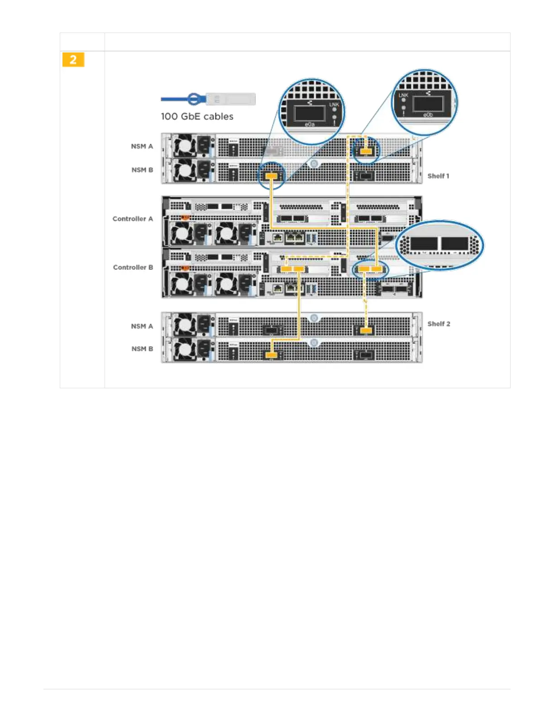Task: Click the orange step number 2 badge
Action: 73,60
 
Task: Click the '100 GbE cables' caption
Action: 197,117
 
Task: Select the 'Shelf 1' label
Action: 438,176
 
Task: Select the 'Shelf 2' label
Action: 439,324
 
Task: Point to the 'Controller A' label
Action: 133,219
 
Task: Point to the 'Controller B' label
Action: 133,267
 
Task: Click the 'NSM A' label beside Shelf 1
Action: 142,146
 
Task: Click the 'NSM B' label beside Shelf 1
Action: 142,170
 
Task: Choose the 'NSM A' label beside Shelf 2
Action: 142,326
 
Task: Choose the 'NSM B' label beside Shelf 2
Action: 142,349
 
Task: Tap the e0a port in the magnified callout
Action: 310,113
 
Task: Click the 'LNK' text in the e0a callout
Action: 334,104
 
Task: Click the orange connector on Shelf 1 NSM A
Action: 366,151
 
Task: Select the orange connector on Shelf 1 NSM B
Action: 271,175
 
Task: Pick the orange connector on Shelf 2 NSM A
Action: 366,330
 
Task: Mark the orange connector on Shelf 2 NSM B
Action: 271,355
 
